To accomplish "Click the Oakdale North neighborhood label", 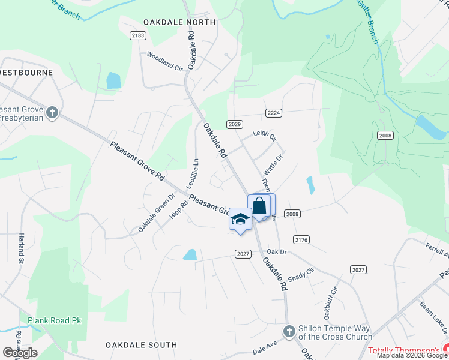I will (x=179, y=22).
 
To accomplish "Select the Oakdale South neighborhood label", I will (x=141, y=345).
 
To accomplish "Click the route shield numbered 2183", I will (x=138, y=36).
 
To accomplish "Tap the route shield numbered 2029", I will (x=235, y=124).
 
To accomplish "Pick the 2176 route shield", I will (x=302, y=239).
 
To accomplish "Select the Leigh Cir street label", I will (x=264, y=136).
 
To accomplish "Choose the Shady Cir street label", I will (x=301, y=274).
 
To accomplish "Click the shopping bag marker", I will (x=259, y=206).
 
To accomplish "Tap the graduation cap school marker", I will (x=240, y=219).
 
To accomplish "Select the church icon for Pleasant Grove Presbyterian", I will (x=52, y=112).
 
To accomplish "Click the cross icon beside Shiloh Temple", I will (x=289, y=331).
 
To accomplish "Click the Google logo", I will (x=20, y=352).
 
